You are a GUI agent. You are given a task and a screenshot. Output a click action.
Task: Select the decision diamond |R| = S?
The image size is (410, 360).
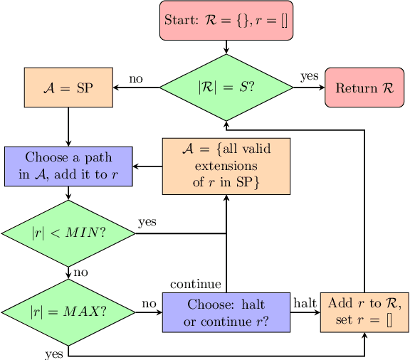pyautogui.click(x=226, y=88)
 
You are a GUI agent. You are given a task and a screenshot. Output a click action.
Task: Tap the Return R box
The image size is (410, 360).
pyautogui.click(x=364, y=88)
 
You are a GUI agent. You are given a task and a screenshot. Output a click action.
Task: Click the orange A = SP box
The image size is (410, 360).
pyautogui.click(x=68, y=88)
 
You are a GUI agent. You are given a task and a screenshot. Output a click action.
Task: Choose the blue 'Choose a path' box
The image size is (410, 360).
pyautogui.click(x=68, y=166)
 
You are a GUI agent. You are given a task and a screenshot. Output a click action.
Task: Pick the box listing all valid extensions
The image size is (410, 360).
pyautogui.click(x=226, y=166)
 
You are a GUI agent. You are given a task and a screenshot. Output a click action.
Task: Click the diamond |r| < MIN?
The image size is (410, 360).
pyautogui.click(x=68, y=233)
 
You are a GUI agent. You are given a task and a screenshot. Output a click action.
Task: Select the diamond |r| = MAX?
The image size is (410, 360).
pyautogui.click(x=68, y=312)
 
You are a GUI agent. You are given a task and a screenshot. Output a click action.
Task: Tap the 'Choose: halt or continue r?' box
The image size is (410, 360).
pyautogui.click(x=226, y=312)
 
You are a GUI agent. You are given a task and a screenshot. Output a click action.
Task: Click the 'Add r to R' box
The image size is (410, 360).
pyautogui.click(x=364, y=312)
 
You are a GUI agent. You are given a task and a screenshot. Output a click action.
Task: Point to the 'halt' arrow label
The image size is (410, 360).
pyautogui.click(x=305, y=303)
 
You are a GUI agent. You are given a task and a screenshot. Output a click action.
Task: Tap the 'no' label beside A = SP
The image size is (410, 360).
pyautogui.click(x=136, y=78)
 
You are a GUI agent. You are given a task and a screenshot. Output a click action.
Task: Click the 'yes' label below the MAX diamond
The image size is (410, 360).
pyautogui.click(x=53, y=352)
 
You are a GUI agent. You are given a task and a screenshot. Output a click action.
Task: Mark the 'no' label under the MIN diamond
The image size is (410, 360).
pyautogui.click(x=80, y=272)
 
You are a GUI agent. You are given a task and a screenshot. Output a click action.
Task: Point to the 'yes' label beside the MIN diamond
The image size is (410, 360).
pyautogui.click(x=147, y=222)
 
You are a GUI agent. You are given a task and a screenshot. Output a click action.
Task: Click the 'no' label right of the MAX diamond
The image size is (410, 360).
pyautogui.click(x=148, y=303)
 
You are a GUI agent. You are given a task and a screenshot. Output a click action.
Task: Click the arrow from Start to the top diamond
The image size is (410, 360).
pyautogui.click(x=226, y=46)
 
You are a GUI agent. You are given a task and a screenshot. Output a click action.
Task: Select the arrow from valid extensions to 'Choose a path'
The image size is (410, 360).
pyautogui.click(x=147, y=166)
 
